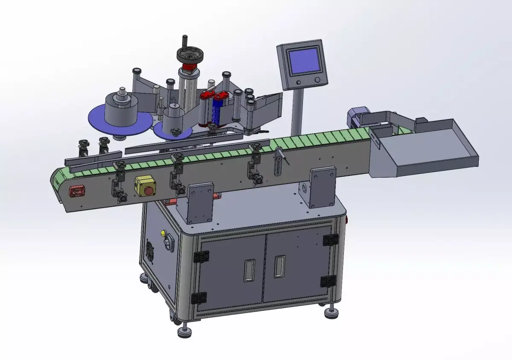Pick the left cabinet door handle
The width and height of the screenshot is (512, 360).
tap(250, 270)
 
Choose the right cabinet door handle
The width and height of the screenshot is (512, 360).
tap(279, 266)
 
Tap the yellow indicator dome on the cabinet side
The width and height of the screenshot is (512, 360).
tap(163, 233)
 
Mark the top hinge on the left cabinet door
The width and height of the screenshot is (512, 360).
tap(201, 256)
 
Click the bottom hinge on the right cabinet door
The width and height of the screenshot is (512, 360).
tap(328, 281)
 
